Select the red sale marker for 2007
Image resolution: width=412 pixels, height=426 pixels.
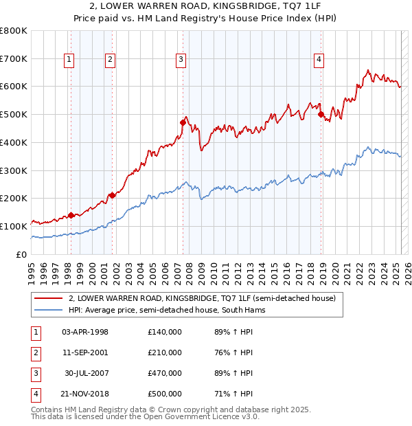pyautogui.click(x=183, y=122)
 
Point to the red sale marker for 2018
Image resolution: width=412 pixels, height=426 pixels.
pyautogui.click(x=321, y=114)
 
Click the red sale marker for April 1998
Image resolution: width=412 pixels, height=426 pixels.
pyautogui.click(x=71, y=215)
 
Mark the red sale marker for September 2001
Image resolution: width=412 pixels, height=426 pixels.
pyautogui.click(x=112, y=195)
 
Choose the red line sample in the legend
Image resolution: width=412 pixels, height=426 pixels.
pyautogui.click(x=47, y=299)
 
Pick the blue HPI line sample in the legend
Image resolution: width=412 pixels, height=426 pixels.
pyautogui.click(x=47, y=310)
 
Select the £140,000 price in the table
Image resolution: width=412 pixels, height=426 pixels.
pyautogui.click(x=165, y=332)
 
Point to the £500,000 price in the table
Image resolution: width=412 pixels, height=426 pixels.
pyautogui.click(x=165, y=394)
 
